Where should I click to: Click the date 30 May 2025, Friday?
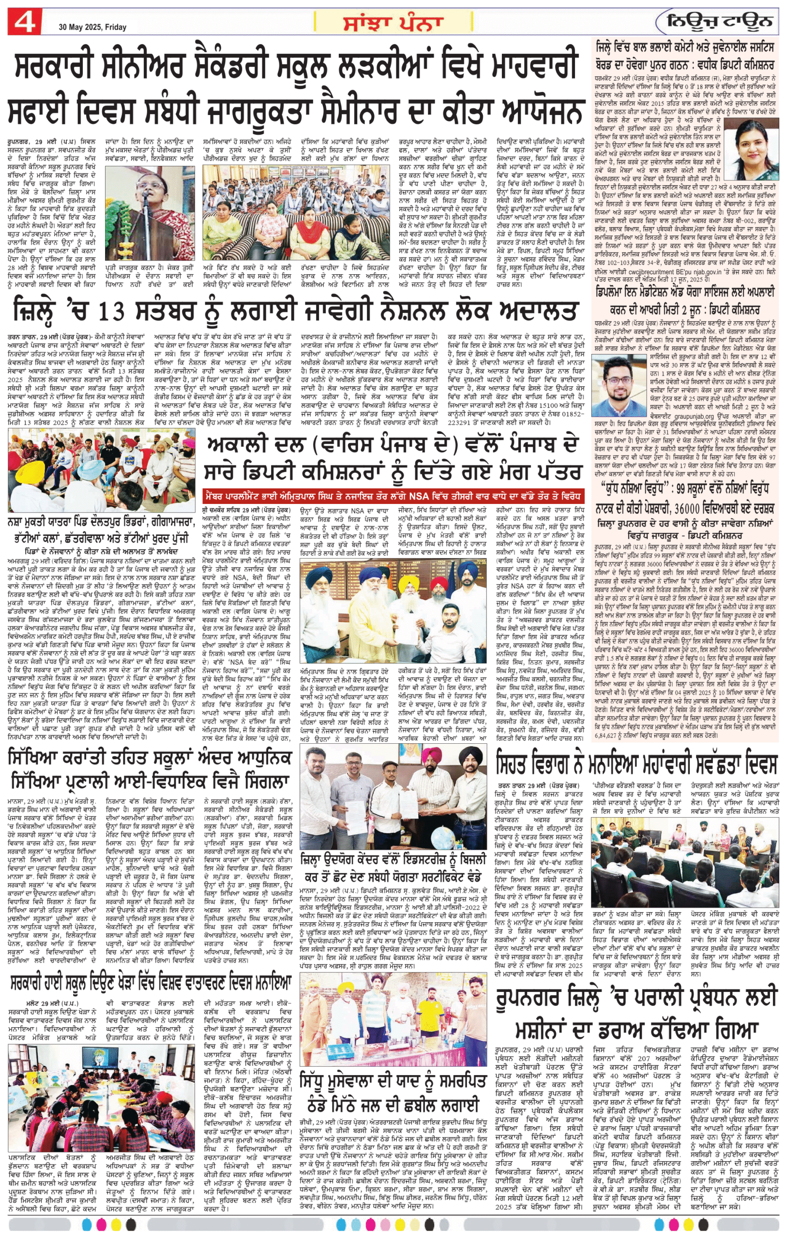[92, 27]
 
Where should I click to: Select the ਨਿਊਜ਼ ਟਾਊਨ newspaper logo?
[719, 22]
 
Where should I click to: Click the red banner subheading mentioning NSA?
[393, 497]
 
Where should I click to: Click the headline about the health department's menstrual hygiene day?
[637, 765]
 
